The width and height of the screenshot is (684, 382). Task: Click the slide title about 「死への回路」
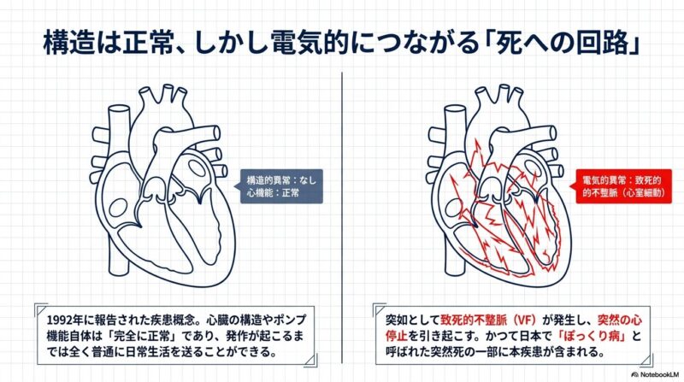coord(341,43)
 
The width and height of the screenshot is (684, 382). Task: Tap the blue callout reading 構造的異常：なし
coord(281,186)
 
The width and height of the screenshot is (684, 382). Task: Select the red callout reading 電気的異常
coord(622,186)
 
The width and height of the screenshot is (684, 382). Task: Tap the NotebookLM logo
coord(655,374)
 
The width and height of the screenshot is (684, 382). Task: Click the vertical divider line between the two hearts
coord(342,217)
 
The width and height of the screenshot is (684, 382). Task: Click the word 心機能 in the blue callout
coord(259,192)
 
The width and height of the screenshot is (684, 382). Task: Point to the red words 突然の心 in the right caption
coord(620,320)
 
